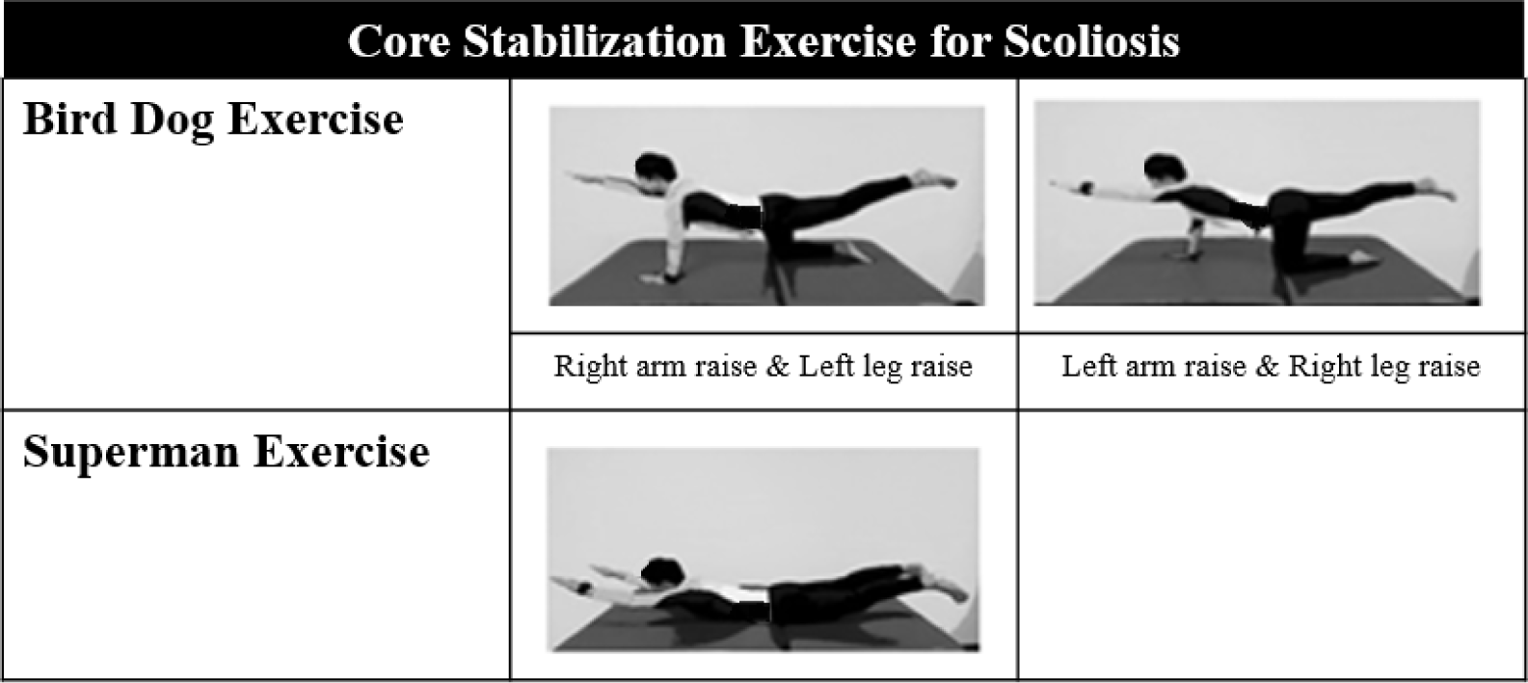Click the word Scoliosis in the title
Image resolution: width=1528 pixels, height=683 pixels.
click(1092, 41)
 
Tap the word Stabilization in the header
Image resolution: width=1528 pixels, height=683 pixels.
click(594, 41)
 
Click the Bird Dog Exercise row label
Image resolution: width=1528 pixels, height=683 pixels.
click(213, 120)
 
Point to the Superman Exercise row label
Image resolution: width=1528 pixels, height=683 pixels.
click(227, 452)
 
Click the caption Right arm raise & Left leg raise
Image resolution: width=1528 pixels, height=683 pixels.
click(764, 367)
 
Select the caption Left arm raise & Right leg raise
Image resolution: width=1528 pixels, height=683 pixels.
click(1271, 367)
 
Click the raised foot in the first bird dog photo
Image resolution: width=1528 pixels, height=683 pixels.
click(934, 179)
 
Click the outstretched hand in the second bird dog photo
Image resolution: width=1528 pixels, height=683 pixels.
click(1068, 185)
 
